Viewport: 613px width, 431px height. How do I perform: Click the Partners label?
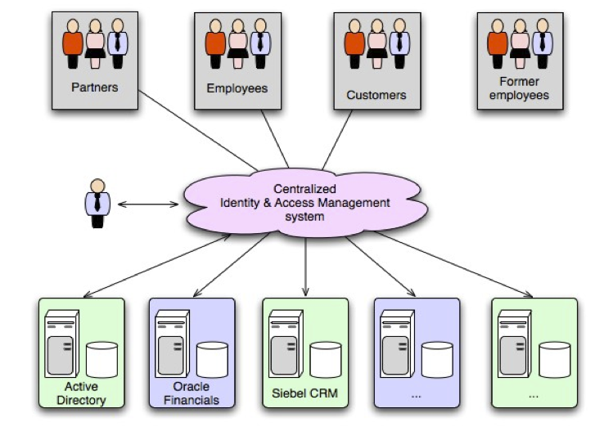(x=94, y=87)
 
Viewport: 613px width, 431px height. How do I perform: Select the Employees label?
(x=237, y=88)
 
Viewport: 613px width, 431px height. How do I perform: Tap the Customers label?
(x=376, y=95)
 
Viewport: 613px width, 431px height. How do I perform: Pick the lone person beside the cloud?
(x=97, y=202)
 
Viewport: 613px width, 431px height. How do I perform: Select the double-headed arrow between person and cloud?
(x=147, y=203)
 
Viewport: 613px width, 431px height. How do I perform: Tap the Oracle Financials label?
(x=192, y=394)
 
